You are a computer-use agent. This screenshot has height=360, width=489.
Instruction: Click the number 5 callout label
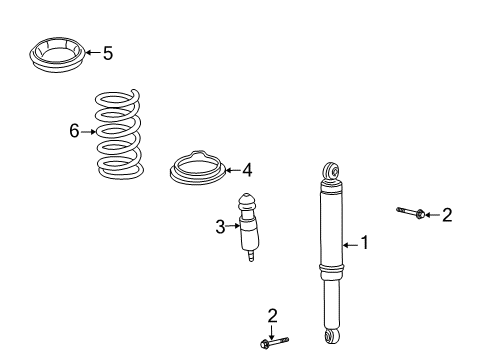click(x=108, y=53)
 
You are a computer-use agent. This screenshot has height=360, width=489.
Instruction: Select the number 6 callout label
click(x=74, y=130)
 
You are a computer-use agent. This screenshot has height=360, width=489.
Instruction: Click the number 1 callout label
click(x=364, y=243)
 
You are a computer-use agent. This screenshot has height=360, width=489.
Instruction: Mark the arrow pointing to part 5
click(x=91, y=53)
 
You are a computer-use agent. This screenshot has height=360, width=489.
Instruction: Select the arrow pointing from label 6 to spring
click(x=88, y=131)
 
